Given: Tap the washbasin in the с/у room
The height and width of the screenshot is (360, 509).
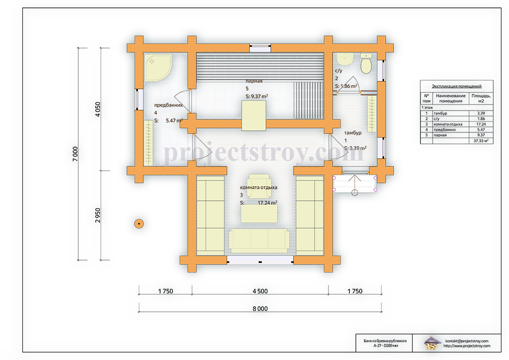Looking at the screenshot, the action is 345,59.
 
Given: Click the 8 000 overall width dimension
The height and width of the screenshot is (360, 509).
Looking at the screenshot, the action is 260,308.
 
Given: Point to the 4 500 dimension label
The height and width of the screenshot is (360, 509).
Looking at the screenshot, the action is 260,291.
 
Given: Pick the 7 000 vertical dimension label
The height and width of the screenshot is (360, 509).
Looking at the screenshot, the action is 75,154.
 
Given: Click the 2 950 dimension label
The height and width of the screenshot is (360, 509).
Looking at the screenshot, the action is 98,215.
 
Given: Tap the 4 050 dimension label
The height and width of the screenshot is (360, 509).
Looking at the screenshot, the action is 98,109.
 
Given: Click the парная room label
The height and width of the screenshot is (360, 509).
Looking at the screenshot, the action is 254,81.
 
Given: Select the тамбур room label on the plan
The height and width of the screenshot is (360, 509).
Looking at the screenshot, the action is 353,133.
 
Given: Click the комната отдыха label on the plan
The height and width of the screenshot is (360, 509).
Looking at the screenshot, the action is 258,187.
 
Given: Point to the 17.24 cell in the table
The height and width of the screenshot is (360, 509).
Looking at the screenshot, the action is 481,124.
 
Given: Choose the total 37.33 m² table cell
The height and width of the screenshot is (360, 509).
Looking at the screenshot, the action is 481,141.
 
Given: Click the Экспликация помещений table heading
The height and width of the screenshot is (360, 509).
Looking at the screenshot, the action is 456,86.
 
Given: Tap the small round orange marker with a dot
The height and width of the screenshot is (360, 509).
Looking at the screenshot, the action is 139,223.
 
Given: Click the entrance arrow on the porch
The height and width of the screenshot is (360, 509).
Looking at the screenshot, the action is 355,185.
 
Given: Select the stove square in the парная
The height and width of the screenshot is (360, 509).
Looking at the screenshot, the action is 254,116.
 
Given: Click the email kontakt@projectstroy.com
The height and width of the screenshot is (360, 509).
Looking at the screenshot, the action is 467,341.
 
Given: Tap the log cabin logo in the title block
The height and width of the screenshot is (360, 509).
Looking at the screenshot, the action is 432,343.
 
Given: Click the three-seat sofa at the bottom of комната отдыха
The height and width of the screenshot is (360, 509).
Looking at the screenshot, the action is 259,241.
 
